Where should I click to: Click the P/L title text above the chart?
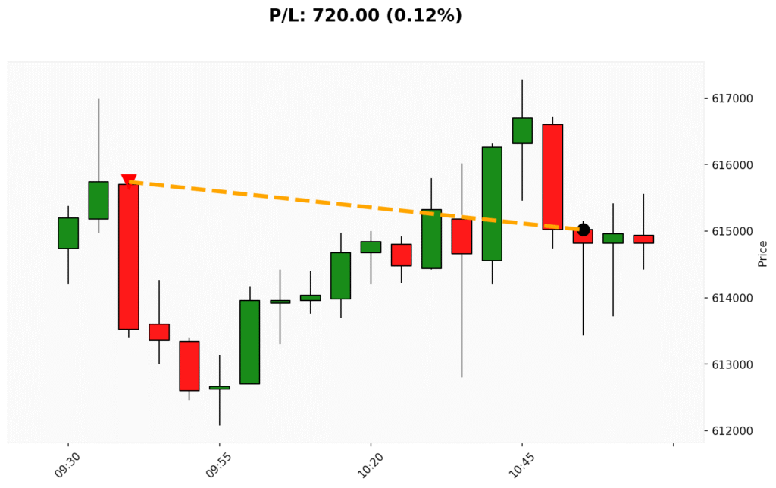[365, 16]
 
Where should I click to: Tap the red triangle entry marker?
[129, 180]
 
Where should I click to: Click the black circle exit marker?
[584, 230]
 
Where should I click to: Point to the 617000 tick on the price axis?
[732, 99]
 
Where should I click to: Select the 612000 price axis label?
[732, 431]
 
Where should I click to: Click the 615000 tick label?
[732, 231]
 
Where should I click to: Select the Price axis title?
[762, 253]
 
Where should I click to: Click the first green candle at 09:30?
[68, 233]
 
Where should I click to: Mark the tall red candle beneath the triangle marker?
[129, 256]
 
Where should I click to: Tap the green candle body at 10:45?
[522, 130]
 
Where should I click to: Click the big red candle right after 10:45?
[552, 177]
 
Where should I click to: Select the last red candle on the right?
[643, 239]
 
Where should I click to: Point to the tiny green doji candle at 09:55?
[220, 387]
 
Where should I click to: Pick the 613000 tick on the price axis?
[732, 364]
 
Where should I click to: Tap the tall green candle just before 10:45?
[492, 203]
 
